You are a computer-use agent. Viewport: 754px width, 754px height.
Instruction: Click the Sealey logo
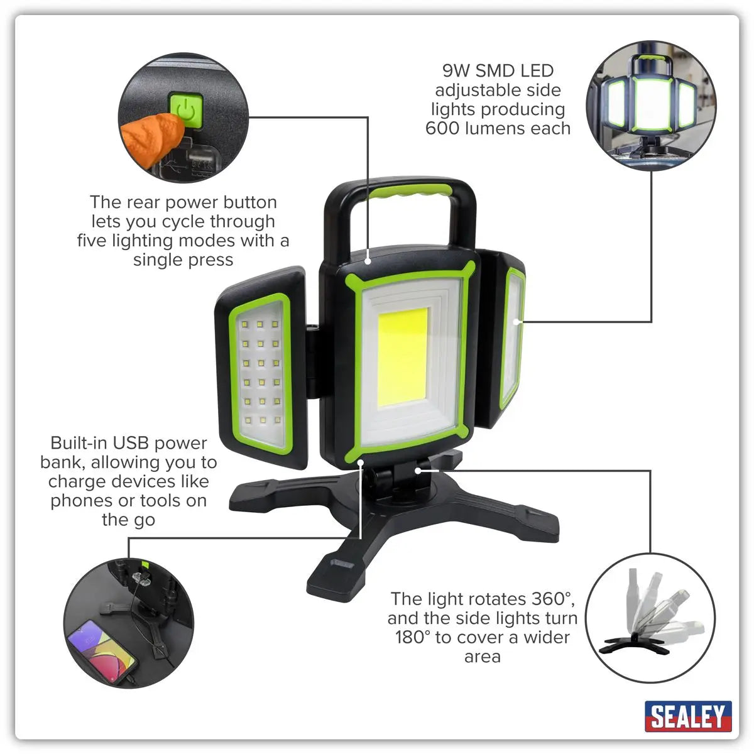pyautogui.click(x=688, y=716)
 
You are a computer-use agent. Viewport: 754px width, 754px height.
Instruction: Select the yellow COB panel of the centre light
pyautogui.click(x=402, y=356)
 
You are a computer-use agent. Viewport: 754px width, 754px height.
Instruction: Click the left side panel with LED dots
pyautogui.click(x=261, y=371)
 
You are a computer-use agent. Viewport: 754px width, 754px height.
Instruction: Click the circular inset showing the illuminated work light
pyautogui.click(x=651, y=107)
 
